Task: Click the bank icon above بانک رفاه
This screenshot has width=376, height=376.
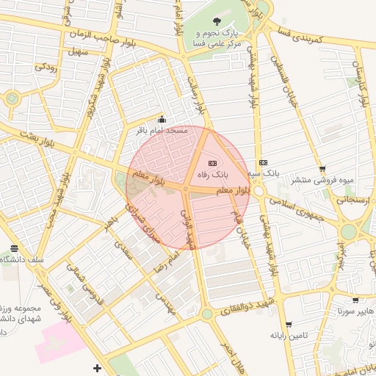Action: (213, 162)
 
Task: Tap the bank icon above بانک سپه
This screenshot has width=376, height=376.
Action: (263, 162)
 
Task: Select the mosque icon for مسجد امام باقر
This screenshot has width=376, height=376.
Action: (162, 121)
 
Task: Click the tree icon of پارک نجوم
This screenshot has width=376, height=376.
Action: (216, 21)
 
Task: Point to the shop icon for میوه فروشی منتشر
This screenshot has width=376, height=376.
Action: (322, 170)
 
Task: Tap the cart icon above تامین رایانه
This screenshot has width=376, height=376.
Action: (288, 324)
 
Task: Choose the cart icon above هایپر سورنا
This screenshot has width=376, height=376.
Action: (355, 300)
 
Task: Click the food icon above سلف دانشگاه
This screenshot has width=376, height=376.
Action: (15, 249)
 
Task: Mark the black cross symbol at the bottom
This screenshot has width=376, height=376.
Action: (97, 367)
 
